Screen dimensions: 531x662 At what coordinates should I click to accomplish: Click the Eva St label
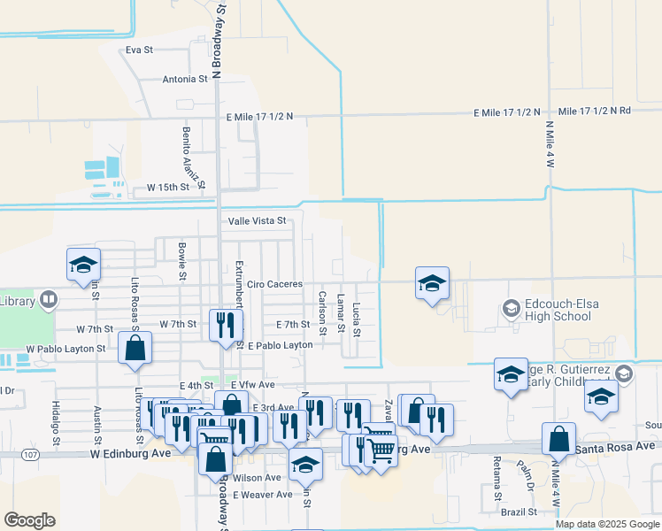[140, 50]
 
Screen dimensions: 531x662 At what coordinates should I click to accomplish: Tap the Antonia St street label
[185, 79]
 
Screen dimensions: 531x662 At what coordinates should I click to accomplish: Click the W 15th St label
[168, 188]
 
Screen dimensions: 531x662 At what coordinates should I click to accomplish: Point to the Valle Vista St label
[257, 220]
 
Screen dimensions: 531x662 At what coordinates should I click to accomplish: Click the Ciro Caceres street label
[274, 284]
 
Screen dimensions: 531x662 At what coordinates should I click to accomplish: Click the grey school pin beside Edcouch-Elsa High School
[511, 309]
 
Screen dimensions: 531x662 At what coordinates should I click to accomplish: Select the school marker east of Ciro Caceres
[432, 284]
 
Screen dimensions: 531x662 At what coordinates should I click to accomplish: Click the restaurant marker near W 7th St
[225, 325]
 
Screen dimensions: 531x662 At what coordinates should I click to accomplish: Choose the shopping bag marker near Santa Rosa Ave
[558, 439]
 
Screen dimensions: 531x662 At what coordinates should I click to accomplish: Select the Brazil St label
[519, 512]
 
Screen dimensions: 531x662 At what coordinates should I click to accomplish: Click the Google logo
[29, 519]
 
